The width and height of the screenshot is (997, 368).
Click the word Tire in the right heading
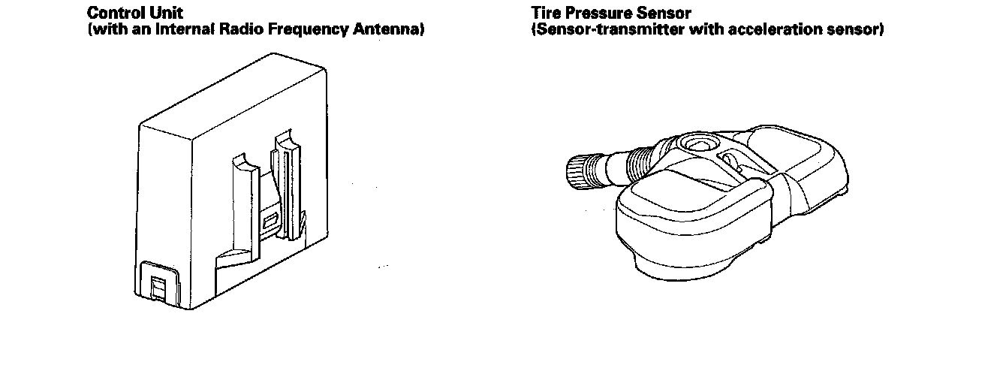click(545, 13)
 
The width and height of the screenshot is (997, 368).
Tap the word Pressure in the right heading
click(598, 13)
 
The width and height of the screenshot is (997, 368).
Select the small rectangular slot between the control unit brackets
click(270, 222)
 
